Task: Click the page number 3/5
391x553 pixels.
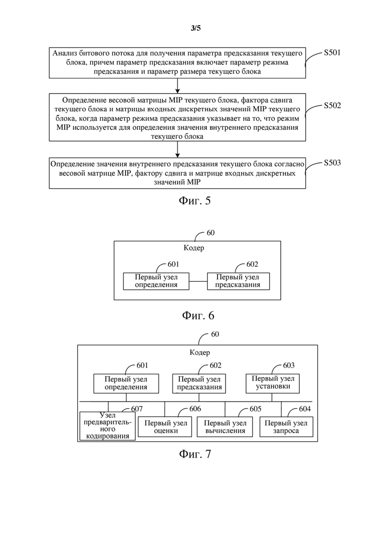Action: (x=195, y=28)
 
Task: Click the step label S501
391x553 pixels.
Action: (x=332, y=53)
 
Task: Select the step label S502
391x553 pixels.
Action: (x=332, y=105)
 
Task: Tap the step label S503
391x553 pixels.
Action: (x=332, y=162)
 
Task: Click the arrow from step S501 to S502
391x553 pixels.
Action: (x=177, y=86)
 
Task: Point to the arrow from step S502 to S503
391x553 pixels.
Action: (x=177, y=149)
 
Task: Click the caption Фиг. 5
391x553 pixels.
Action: (x=194, y=201)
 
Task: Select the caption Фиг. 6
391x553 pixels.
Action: (x=198, y=315)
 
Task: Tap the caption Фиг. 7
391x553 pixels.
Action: (x=195, y=454)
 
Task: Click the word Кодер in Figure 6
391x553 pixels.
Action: (x=193, y=248)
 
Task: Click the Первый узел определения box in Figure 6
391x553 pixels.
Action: (x=156, y=281)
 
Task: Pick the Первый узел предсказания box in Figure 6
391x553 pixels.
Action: (x=238, y=281)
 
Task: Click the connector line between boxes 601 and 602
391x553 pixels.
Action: (x=198, y=281)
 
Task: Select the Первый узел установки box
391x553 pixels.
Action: (x=273, y=384)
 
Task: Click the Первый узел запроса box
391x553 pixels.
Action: (x=286, y=427)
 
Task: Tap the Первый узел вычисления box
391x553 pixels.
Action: (x=225, y=427)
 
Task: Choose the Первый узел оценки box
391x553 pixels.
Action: (x=165, y=427)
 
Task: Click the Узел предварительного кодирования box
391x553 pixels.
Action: (x=108, y=426)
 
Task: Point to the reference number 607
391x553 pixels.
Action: (x=137, y=409)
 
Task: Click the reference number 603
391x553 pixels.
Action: (x=289, y=365)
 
